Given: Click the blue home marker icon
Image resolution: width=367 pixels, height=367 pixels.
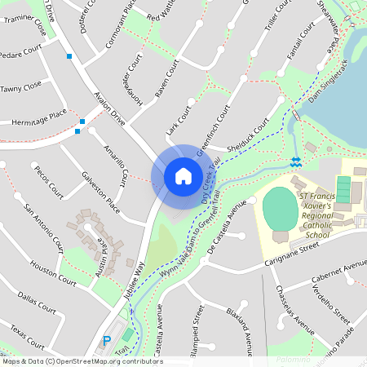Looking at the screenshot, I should coord(183,175).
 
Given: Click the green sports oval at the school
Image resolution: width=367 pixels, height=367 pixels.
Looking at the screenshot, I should coord(281,210).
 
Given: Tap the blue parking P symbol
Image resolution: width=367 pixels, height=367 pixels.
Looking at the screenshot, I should coord(106,340).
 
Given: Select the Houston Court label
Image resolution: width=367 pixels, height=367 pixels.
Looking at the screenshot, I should coord(52,272).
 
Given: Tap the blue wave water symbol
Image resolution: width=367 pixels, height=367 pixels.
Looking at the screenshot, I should coord(295,161).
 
